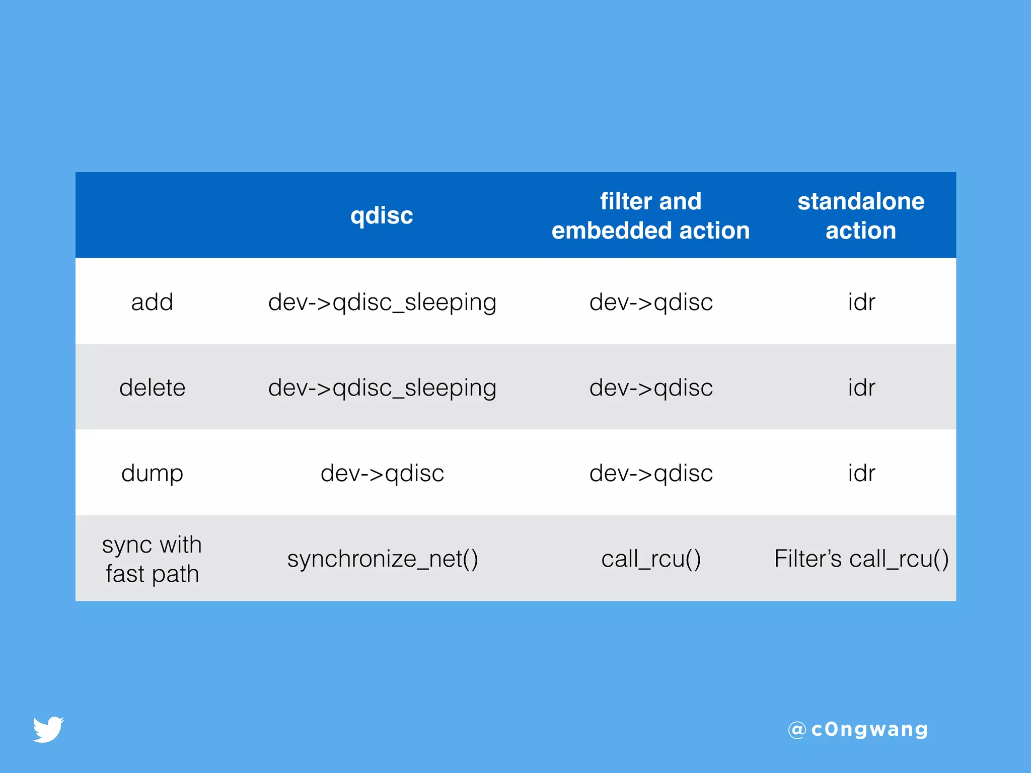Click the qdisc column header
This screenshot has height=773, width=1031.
[x=382, y=215]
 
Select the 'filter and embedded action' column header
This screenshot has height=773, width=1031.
[x=650, y=215]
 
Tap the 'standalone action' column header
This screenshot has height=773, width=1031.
[x=861, y=215]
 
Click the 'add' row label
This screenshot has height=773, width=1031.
[x=152, y=302]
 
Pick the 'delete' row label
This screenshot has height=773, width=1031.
[x=152, y=388]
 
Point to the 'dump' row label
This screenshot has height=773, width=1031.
[x=152, y=473]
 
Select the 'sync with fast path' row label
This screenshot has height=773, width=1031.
[x=152, y=559]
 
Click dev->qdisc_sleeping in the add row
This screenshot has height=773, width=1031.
[x=382, y=302]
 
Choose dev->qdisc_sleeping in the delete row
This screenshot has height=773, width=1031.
[x=382, y=388]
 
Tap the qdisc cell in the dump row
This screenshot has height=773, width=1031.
[x=382, y=473]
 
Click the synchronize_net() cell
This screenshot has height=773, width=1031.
[x=382, y=559]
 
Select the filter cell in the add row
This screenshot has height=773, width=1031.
[x=651, y=302]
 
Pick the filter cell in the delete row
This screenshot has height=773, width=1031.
[x=651, y=388]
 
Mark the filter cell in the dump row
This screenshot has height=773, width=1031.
[x=651, y=473]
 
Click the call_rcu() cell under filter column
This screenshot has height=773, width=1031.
[x=651, y=559]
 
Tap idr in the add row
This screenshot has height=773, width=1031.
[x=861, y=302]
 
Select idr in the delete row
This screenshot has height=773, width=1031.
[x=861, y=388]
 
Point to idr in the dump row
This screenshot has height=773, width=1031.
[x=861, y=473]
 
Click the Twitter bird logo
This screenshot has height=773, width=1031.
[x=48, y=729]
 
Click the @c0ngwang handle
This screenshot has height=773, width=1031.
[x=858, y=729]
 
